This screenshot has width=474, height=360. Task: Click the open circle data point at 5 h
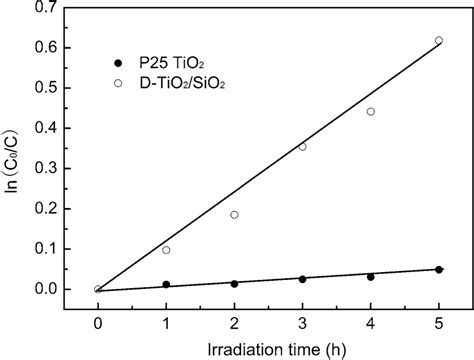tap(438, 41)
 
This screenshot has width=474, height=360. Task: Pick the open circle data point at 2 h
tap(234, 215)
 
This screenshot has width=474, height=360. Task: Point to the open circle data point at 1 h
tap(166, 250)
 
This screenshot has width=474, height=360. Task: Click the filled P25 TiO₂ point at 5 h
tap(438, 270)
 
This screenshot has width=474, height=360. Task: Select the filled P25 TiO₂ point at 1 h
tap(166, 285)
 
